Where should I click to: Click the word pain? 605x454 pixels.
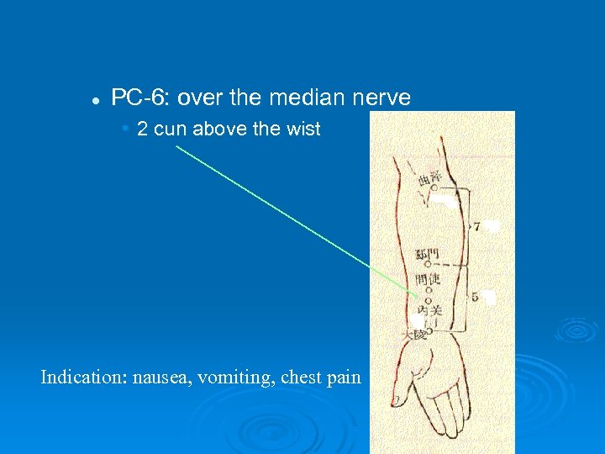pos(345,377)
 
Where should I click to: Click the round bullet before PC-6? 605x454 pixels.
pos(97,100)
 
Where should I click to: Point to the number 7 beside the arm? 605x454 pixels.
pos(476,226)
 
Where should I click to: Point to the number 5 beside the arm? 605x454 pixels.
pos(475,296)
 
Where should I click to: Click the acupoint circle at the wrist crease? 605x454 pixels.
pos(429,332)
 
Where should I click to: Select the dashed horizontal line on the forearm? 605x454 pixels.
pos(449,264)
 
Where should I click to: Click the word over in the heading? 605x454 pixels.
pos(200,98)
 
